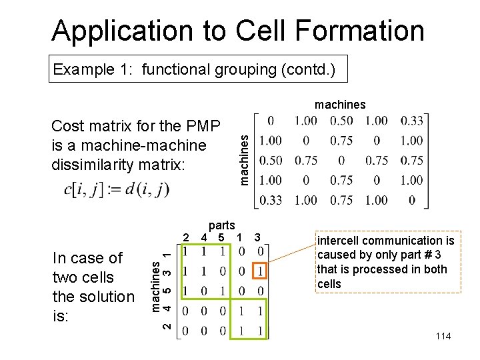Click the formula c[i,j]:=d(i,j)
116,189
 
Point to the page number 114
443,336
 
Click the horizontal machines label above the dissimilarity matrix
340,105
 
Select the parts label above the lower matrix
221,225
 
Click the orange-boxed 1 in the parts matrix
261,271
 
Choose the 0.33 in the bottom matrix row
271,199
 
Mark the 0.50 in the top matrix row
341,121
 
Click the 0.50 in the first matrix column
271,160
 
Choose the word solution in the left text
107,296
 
